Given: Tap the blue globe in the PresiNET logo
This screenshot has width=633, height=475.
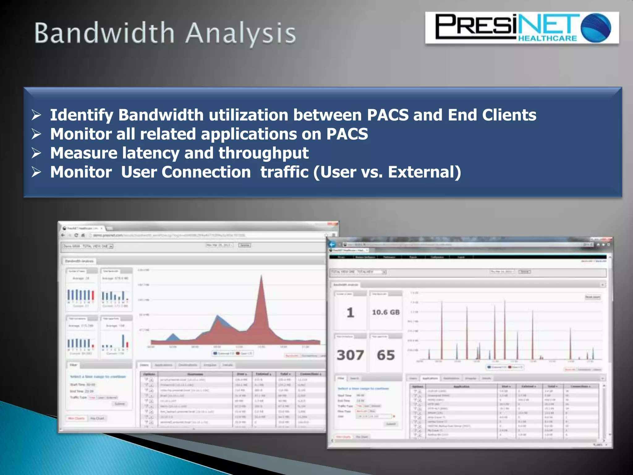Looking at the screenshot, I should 596,27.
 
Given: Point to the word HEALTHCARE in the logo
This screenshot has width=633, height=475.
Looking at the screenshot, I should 547,39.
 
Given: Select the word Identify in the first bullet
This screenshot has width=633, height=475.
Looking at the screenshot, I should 82,115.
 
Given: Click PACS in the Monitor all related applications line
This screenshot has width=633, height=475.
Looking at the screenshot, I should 347,134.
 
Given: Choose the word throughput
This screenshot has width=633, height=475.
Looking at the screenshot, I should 263,153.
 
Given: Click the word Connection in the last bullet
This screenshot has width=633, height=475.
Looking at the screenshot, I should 206,172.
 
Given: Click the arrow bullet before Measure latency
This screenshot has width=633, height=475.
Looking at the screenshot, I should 36,153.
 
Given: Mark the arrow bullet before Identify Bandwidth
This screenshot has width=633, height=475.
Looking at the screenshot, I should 36,115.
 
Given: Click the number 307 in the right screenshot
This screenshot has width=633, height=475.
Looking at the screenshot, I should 350,355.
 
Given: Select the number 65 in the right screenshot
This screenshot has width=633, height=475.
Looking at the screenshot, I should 386,355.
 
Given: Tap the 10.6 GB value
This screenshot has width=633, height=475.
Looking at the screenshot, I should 386,312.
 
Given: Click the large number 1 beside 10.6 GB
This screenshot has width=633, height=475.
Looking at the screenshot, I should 350,312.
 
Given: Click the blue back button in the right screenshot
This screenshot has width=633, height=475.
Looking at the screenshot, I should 332,244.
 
